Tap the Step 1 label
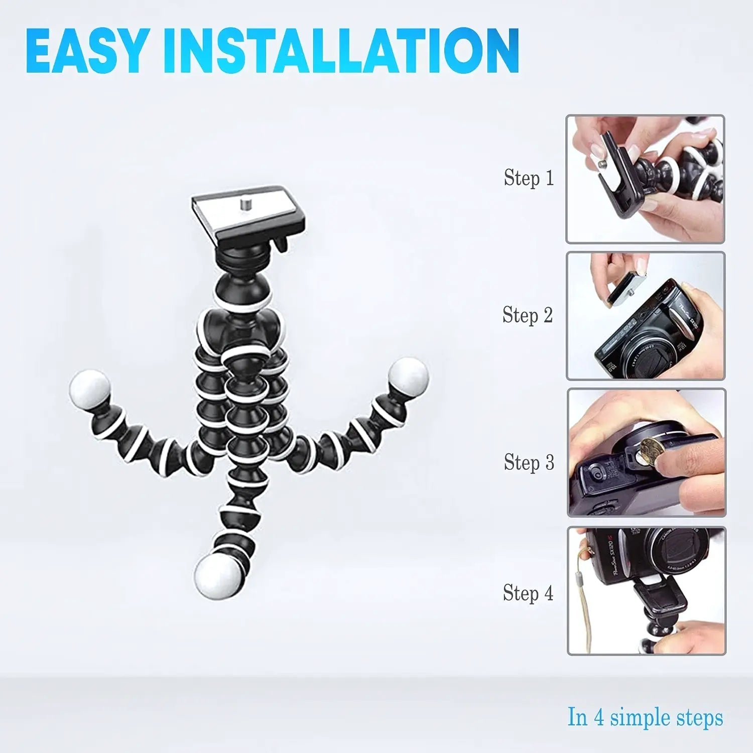tap(529, 178)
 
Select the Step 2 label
tap(528, 315)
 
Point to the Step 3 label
tap(529, 462)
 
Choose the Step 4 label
tap(528, 593)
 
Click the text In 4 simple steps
tap(645, 717)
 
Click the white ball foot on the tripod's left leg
tap(89, 389)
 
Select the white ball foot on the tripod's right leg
tap(408, 376)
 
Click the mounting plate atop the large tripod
tap(248, 213)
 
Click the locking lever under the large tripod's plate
tap(279, 245)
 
